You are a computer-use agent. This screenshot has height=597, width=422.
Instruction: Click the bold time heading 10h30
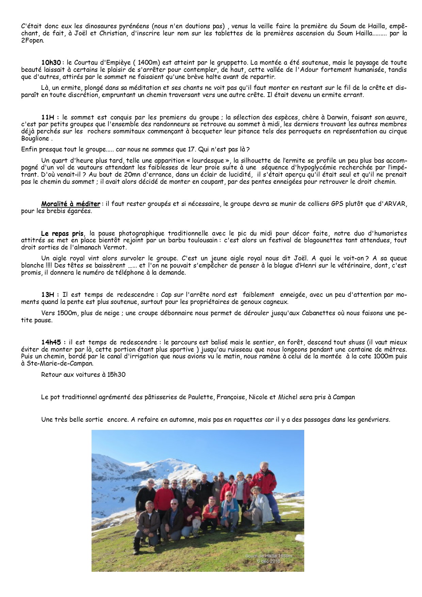pos(51,63)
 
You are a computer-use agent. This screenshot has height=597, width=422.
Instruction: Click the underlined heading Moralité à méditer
pos(71,204)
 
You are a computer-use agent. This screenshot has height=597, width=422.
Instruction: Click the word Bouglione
pos(35,139)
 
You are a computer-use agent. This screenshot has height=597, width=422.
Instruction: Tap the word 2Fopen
pos(32,41)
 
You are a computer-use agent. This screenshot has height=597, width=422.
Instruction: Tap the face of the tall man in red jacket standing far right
pos(264,466)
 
